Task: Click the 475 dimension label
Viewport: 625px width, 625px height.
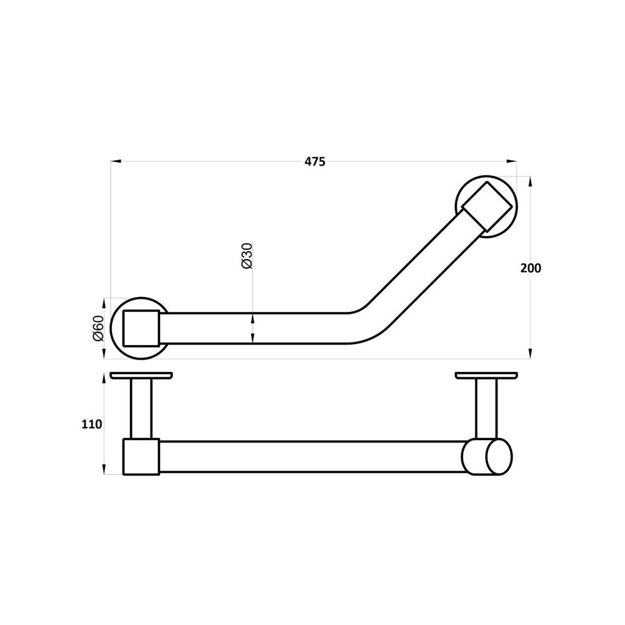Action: [x=315, y=161]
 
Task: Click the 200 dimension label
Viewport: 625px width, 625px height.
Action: [x=531, y=268]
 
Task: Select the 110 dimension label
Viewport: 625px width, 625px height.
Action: [x=92, y=424]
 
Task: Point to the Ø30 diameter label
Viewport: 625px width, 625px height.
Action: [x=247, y=255]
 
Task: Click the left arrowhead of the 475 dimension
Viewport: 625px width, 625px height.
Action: [x=116, y=161]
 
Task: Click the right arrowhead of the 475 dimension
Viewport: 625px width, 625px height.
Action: [x=512, y=161]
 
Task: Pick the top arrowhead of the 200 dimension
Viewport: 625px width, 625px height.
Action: [x=530, y=182]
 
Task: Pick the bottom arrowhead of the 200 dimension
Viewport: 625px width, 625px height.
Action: [x=530, y=354]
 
